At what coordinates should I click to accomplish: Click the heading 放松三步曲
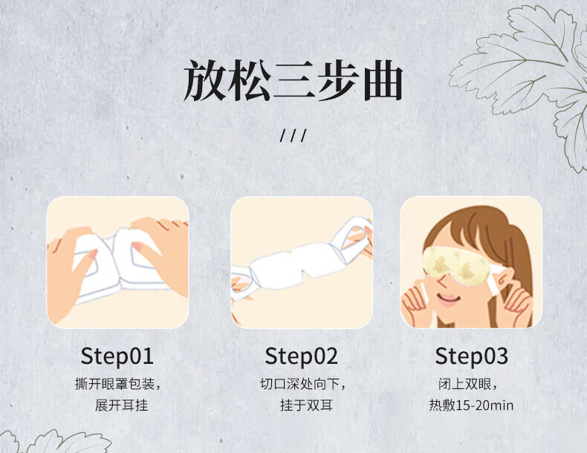(293, 81)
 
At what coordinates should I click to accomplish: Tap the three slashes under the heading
(293, 135)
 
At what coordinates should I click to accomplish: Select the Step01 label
(117, 356)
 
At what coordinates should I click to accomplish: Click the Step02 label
(302, 356)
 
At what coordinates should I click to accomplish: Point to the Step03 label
(471, 356)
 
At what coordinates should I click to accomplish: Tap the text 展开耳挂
(121, 405)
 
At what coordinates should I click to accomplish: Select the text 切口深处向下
(299, 384)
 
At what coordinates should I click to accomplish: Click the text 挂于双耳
(306, 405)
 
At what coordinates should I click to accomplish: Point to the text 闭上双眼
(464, 384)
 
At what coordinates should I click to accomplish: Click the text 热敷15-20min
(471, 405)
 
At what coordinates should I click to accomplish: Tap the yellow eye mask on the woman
(456, 265)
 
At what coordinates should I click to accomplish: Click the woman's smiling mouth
(449, 299)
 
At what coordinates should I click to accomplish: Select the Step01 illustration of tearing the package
(117, 262)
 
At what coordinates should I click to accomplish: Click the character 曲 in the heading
(383, 81)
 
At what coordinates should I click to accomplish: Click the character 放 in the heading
(204, 81)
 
